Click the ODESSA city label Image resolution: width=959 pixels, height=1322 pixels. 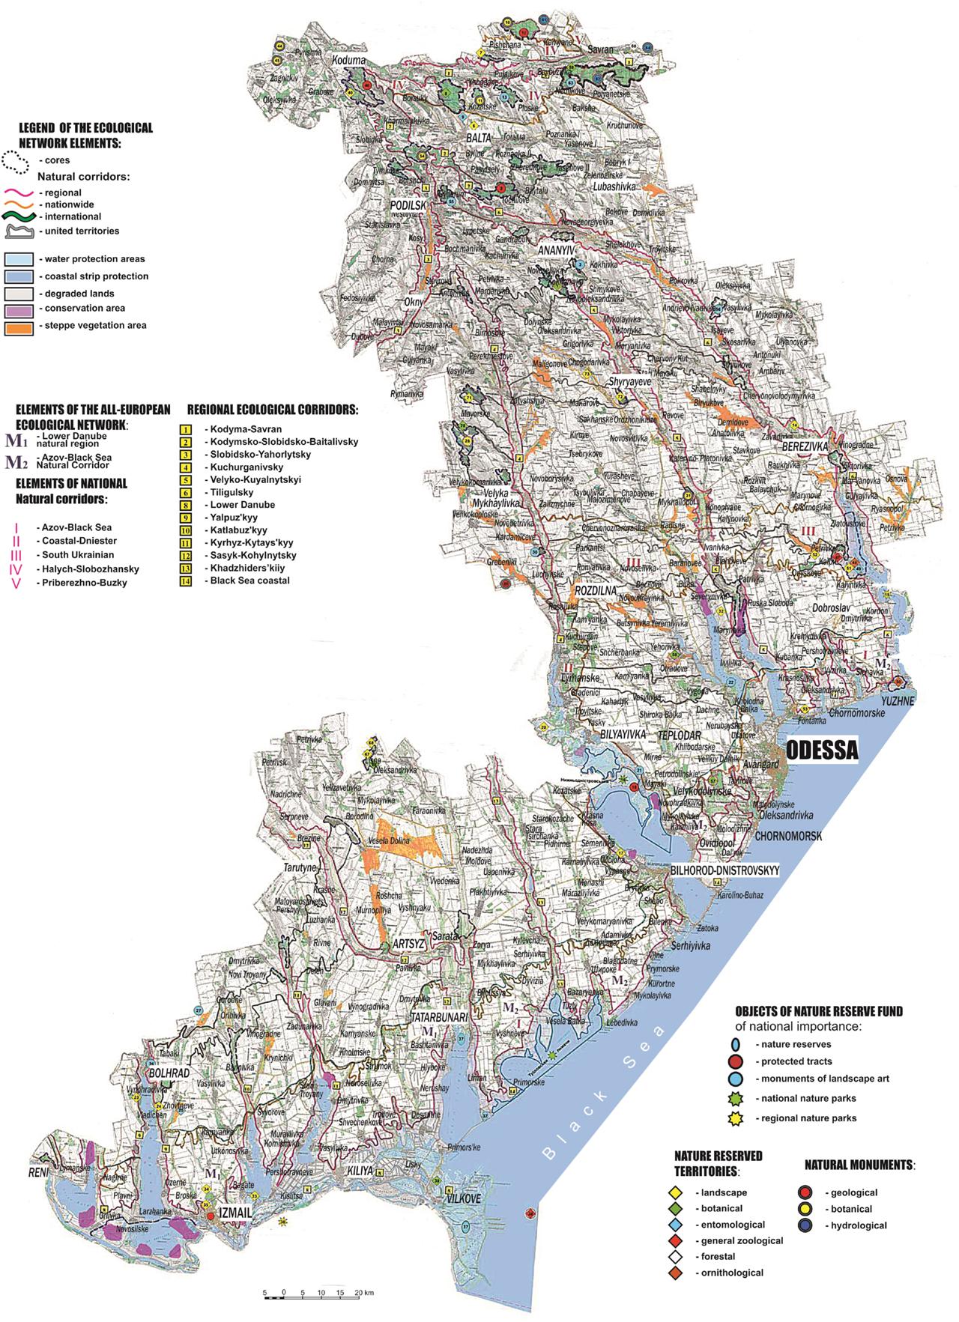pyautogui.click(x=821, y=750)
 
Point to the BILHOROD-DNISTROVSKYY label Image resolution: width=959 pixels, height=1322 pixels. pyautogui.click(x=727, y=871)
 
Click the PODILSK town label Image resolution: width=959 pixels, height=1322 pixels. pyautogui.click(x=408, y=204)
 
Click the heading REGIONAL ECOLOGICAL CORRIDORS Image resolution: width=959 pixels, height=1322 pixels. pyautogui.click(x=273, y=410)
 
